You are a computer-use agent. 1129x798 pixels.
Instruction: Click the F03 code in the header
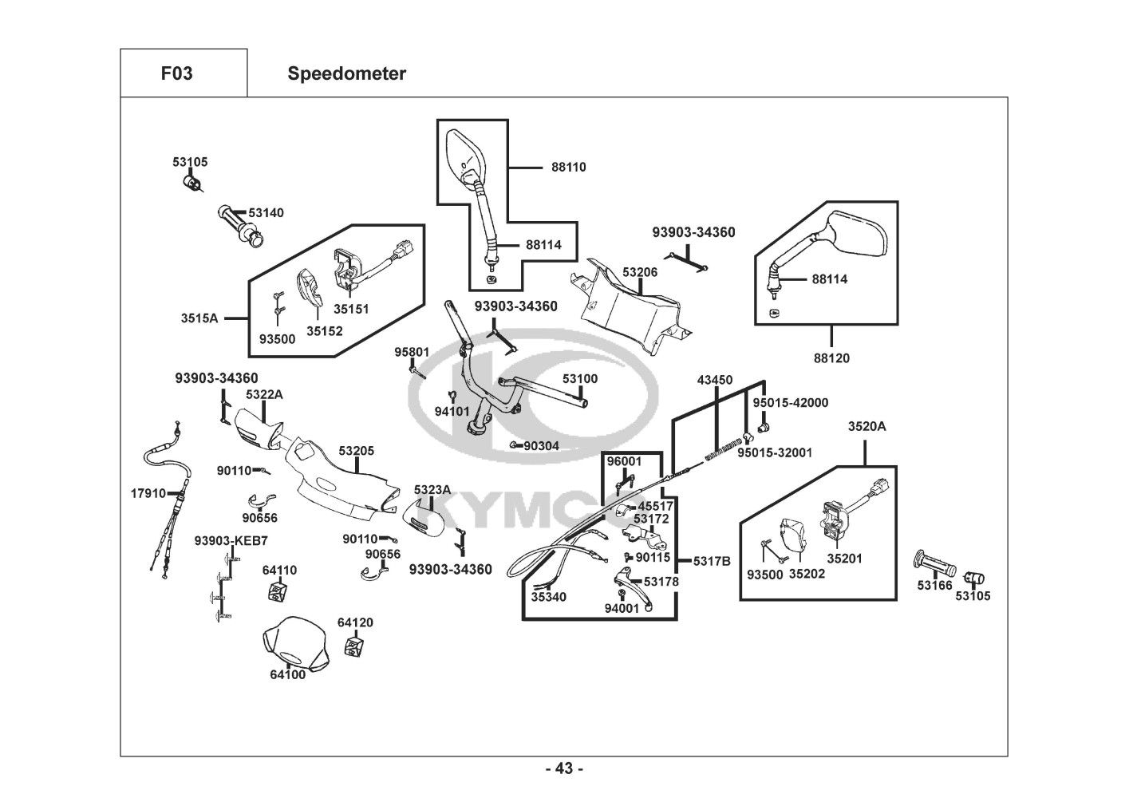(x=176, y=73)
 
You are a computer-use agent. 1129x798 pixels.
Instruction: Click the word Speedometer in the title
(x=346, y=73)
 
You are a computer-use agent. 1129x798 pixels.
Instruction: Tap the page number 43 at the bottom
(x=564, y=768)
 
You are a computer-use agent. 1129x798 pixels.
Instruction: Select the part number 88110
(x=568, y=167)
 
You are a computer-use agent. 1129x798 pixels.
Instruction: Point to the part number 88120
(x=831, y=358)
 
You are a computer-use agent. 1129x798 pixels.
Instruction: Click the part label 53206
(x=640, y=272)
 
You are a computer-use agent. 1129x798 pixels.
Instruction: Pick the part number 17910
(x=148, y=493)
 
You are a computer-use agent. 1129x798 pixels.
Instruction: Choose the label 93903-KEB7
(x=231, y=540)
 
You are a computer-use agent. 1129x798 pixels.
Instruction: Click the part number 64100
(x=287, y=674)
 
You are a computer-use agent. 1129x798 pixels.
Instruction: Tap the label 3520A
(x=866, y=426)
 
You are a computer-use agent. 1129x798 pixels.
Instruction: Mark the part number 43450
(x=714, y=380)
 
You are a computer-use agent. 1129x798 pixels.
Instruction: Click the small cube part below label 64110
(x=277, y=593)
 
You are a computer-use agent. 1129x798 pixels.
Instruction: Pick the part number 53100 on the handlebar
(x=579, y=378)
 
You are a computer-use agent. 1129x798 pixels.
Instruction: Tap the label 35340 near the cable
(x=549, y=596)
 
